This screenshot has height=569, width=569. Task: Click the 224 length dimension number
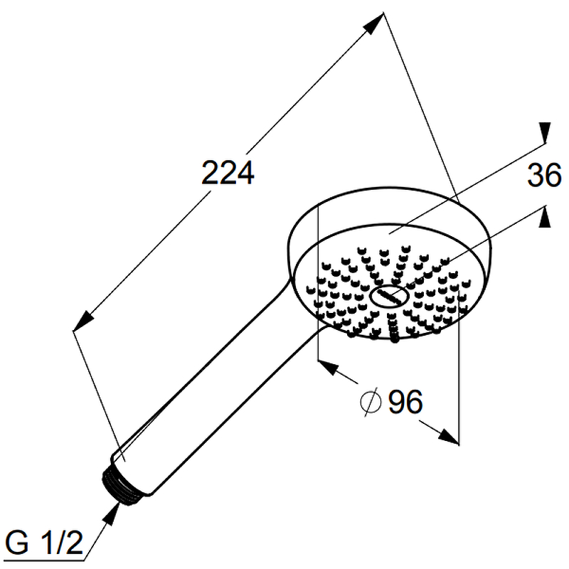click(228, 173)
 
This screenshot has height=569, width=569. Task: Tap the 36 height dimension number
click(544, 175)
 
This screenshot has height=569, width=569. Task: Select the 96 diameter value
click(405, 401)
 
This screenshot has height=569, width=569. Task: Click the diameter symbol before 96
click(371, 402)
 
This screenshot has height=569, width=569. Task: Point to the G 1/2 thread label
click(44, 543)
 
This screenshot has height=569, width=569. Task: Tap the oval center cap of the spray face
click(389, 296)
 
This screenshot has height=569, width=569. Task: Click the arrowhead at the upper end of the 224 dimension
click(374, 23)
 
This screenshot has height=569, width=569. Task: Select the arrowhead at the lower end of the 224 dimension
click(83, 321)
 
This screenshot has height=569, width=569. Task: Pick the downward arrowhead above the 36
click(545, 133)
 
